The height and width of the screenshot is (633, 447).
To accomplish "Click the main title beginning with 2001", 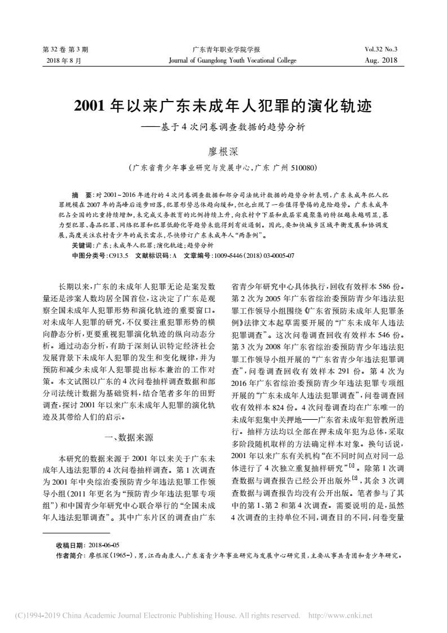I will pyautogui.click(x=223, y=106).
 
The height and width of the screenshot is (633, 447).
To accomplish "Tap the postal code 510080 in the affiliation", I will pyautogui.click(x=303, y=168).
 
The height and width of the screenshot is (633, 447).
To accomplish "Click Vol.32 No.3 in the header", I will pyautogui.click(x=381, y=50).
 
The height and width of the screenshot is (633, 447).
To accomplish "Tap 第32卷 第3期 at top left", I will pyautogui.click(x=66, y=50).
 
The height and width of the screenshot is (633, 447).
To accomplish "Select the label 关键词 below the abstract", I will pyautogui.click(x=82, y=246).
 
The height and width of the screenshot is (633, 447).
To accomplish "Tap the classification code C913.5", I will pyautogui.click(x=118, y=255).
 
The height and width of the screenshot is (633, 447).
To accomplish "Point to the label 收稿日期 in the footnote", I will pyautogui.click(x=70, y=546).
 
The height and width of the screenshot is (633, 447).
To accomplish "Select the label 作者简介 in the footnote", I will pyautogui.click(x=70, y=555).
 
